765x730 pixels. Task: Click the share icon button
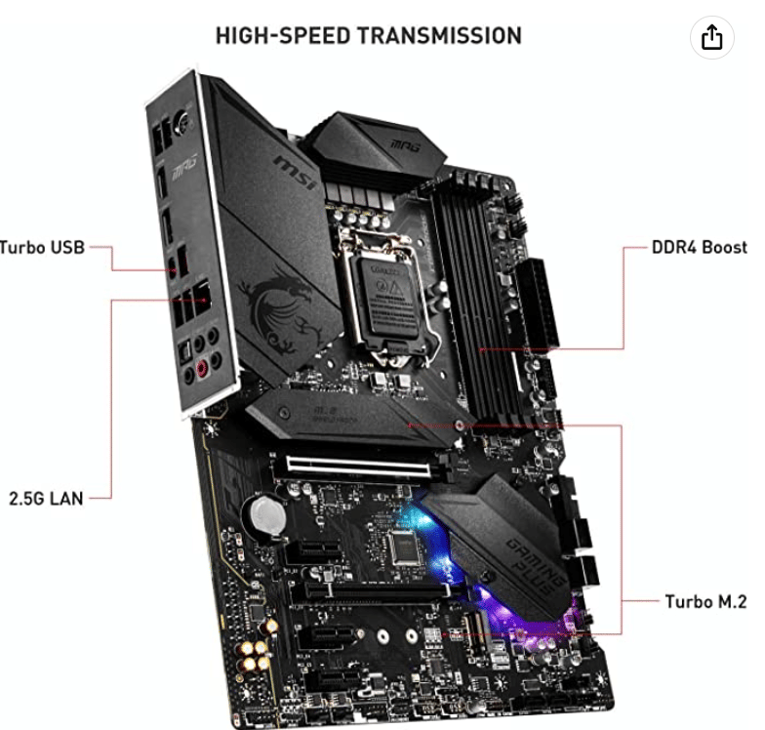711,37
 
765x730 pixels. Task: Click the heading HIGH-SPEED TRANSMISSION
368,36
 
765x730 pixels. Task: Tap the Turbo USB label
43,247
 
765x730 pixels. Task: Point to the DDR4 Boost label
699,247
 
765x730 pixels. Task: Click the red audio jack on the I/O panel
203,369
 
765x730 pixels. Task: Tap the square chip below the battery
403,548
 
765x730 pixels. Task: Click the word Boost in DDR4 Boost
724,247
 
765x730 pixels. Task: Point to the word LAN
67,497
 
